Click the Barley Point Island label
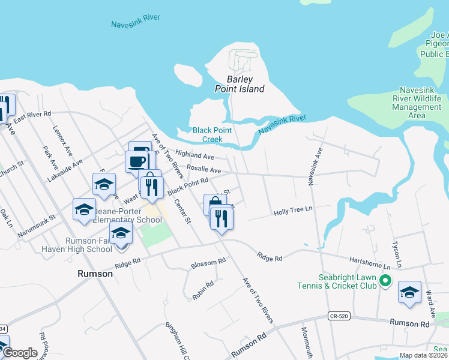coord(240,84)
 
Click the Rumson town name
coord(95,274)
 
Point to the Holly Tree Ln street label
coord(294,212)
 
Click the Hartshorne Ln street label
coord(371,262)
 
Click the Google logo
coord(19,353)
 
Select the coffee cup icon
coord(136,161)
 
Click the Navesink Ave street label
coord(312,166)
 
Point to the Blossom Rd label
coord(208,263)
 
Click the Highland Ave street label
coord(194,155)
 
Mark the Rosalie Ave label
coord(203,170)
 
